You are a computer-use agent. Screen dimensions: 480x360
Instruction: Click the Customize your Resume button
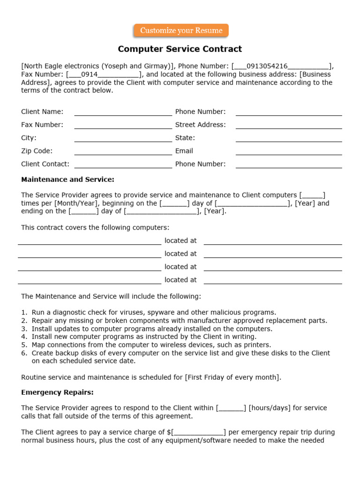pyautogui.click(x=181, y=30)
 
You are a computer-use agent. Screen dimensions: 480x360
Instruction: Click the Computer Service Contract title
pyautogui.click(x=180, y=49)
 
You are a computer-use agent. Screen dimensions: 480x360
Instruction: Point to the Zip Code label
pyautogui.click(x=37, y=151)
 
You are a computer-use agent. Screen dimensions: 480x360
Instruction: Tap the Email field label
pyautogui.click(x=184, y=151)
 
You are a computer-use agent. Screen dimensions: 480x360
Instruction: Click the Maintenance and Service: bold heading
pyautogui.click(x=67, y=180)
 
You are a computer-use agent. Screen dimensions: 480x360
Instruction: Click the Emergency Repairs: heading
pyautogui.click(x=57, y=392)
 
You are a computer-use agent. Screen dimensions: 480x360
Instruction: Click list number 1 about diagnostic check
pyautogui.click(x=24, y=312)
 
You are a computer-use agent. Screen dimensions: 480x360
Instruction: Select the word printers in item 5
pyautogui.click(x=256, y=345)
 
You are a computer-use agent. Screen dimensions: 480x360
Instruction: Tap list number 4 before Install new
pyautogui.click(x=24, y=337)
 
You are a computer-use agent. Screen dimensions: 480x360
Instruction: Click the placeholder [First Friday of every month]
pyautogui.click(x=233, y=377)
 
